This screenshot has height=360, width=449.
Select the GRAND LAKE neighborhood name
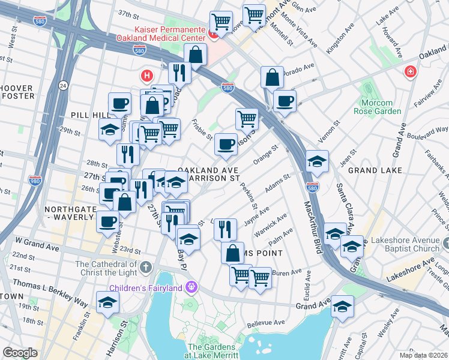click(x=375, y=170)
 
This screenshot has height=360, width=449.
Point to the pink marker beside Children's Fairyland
click(x=191, y=286)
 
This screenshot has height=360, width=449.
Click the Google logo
click(x=20, y=353)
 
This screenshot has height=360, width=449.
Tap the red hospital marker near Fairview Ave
click(x=411, y=72)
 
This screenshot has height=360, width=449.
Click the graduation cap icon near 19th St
click(x=107, y=302)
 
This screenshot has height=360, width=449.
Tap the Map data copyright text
click(x=423, y=355)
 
